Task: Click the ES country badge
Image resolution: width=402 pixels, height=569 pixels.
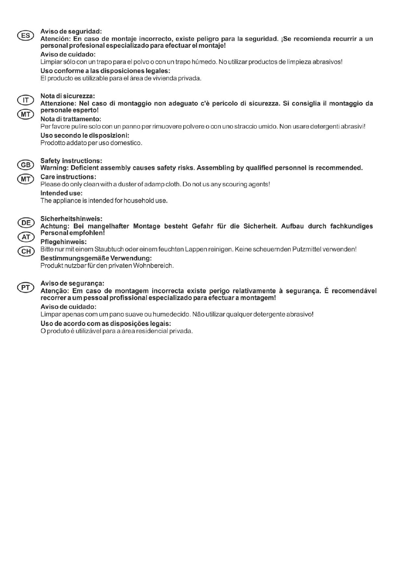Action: (x=26, y=35)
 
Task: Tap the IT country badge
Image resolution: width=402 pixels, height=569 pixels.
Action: (x=26, y=100)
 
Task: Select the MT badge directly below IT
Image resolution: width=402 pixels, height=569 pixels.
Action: (x=26, y=114)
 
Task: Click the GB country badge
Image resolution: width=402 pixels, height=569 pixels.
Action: (x=26, y=165)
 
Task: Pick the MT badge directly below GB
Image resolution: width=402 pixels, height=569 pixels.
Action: (x=26, y=179)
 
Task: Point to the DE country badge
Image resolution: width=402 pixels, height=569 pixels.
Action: (x=26, y=223)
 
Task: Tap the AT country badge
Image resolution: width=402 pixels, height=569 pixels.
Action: (x=26, y=237)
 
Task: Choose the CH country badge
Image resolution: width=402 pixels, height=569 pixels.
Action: (x=26, y=251)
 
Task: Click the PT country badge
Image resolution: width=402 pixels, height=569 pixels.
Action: (x=26, y=287)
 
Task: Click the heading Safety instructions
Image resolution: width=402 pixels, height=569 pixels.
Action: (x=71, y=161)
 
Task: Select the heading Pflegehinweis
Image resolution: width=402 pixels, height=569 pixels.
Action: (x=63, y=242)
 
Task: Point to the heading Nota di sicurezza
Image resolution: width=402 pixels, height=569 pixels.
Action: (x=67, y=96)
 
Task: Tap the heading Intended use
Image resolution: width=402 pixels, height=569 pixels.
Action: (x=61, y=193)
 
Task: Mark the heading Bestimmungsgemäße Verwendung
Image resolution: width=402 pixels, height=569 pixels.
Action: (x=96, y=258)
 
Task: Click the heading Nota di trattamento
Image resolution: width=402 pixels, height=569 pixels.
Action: (x=70, y=119)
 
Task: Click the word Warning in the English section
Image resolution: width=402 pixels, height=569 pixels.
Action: (x=54, y=168)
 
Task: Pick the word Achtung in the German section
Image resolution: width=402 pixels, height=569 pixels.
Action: (x=54, y=226)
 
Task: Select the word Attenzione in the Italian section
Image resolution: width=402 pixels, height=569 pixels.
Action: (x=57, y=103)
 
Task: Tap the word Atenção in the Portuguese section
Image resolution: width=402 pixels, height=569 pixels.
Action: (x=54, y=291)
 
